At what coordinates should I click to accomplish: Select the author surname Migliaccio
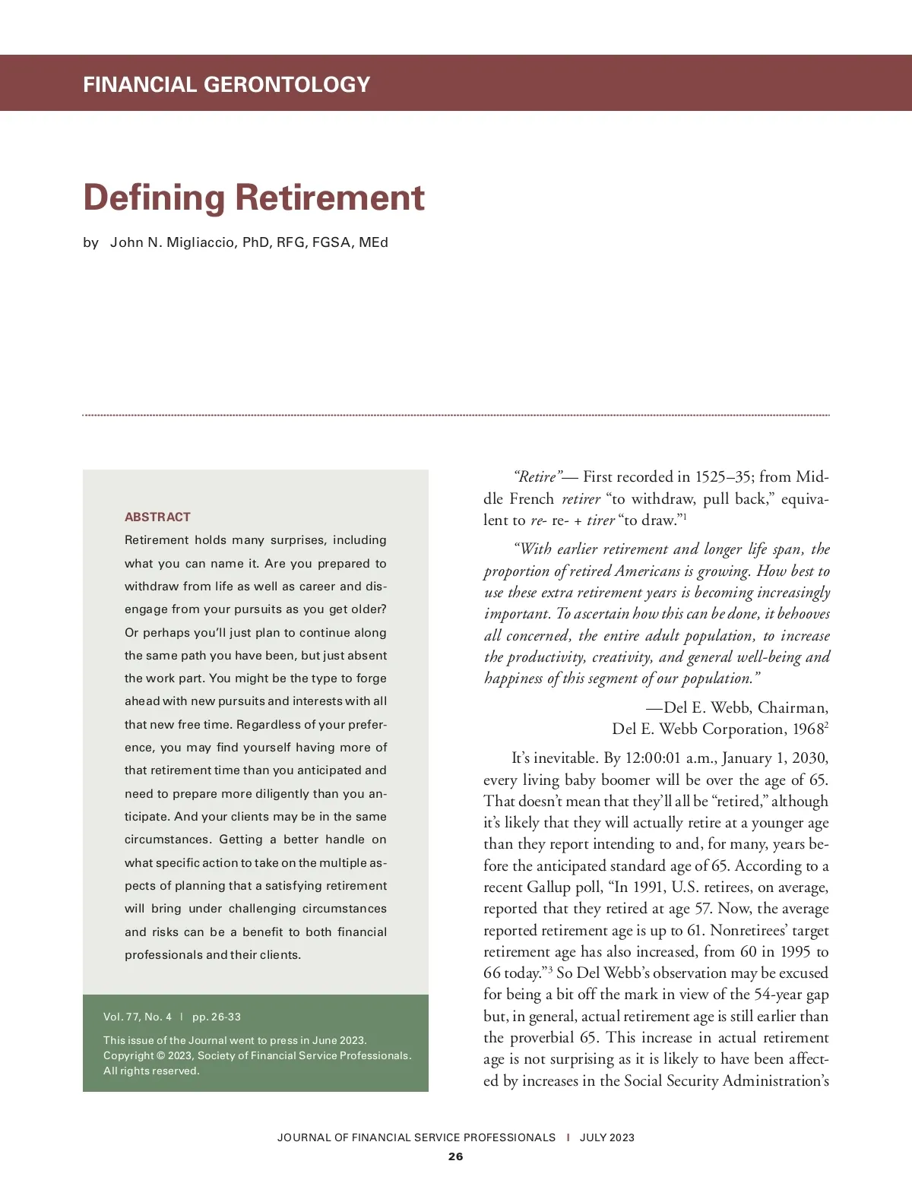tap(197, 242)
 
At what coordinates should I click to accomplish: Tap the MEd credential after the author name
tap(373, 242)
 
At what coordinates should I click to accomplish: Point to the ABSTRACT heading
tap(157, 517)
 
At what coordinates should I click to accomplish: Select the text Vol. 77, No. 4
tap(138, 1017)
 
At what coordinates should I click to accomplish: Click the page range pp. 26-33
tap(217, 1017)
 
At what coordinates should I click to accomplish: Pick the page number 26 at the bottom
tap(455, 1156)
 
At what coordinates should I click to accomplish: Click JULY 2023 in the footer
tap(606, 1137)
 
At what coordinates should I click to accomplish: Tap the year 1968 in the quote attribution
tap(808, 729)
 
